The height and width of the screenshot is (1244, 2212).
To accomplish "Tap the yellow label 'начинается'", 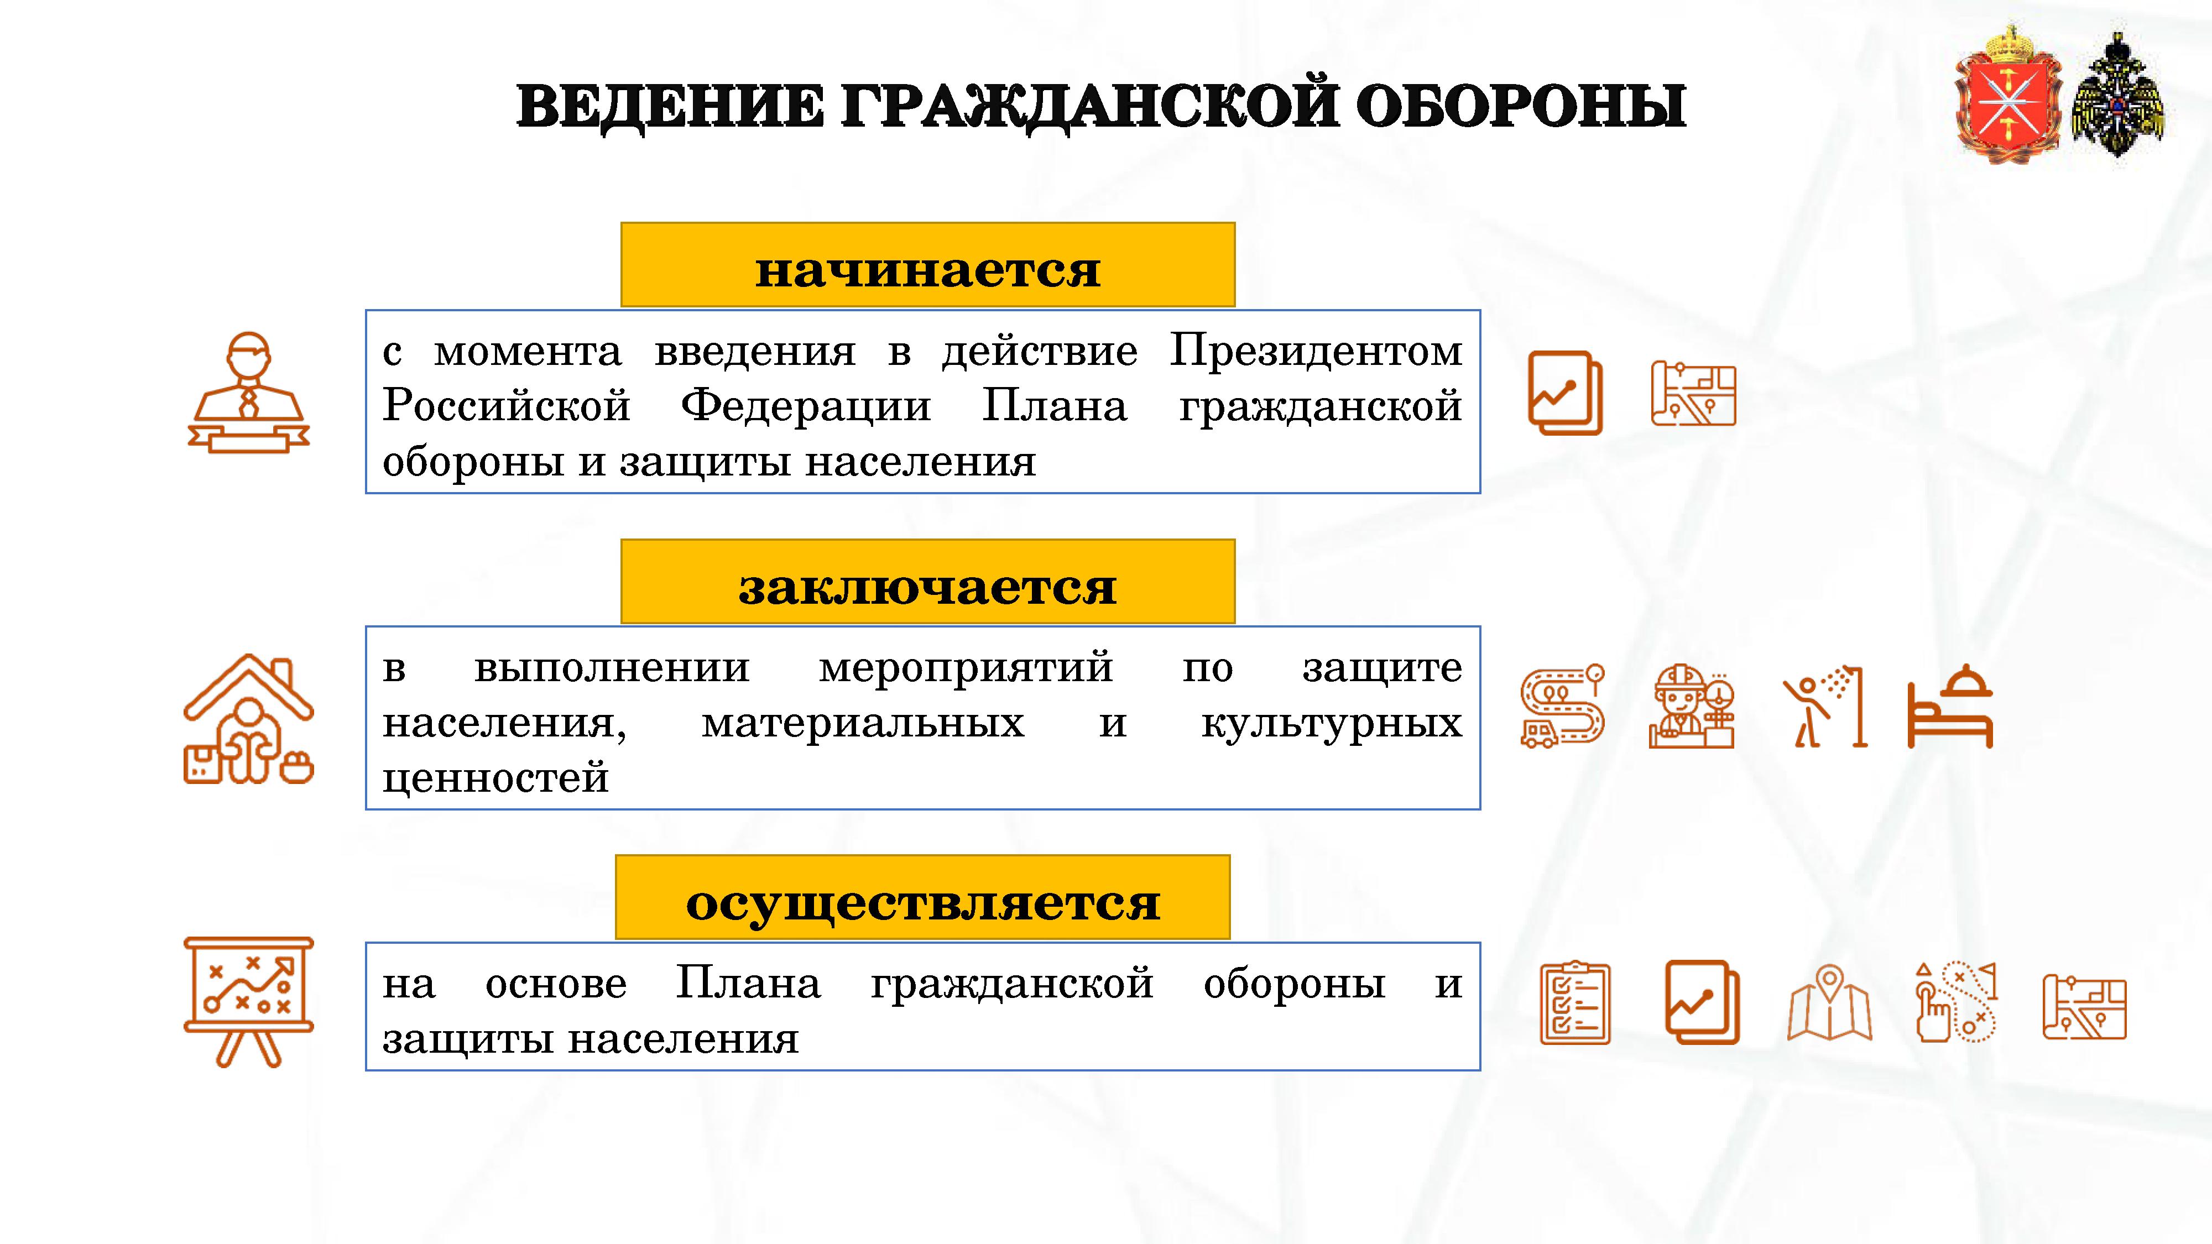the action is point(927,264).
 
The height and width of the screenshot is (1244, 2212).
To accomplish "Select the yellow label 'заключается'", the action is point(927,581).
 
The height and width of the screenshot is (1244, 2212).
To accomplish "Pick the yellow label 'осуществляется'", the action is point(922,897).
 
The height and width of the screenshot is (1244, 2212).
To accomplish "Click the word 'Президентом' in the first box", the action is point(1316,351).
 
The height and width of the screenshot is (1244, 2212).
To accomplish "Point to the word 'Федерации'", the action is point(806,406).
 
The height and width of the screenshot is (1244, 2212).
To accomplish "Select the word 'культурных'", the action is point(1331,723).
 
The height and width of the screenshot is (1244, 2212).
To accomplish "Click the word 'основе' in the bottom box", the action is point(556,984).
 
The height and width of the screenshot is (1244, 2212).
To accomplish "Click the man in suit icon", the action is point(249,393).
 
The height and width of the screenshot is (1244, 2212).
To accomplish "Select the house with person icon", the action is point(249,719).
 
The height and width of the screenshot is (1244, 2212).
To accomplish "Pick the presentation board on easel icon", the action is point(249,1002).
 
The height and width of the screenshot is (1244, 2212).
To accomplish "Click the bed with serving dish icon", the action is point(1950,705).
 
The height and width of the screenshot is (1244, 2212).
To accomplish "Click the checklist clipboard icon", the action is point(1575,1002).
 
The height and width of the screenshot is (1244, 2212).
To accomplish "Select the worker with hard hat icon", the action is point(1692,705).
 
